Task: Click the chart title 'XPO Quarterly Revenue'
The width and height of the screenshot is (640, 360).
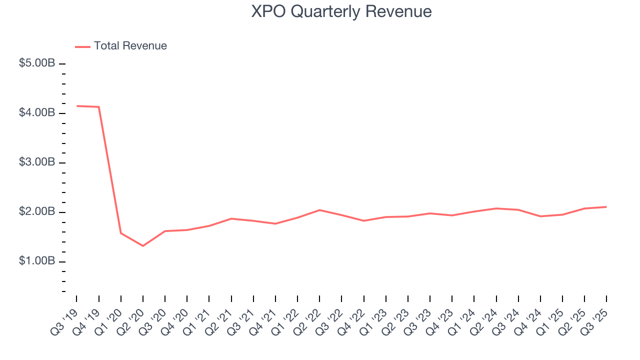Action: click(x=341, y=11)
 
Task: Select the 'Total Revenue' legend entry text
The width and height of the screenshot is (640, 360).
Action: click(x=130, y=46)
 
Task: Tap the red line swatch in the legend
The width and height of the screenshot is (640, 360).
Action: click(x=82, y=46)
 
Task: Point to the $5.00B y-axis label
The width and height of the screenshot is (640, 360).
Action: click(x=37, y=64)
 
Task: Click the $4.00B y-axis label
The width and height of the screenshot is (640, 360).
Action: click(x=37, y=113)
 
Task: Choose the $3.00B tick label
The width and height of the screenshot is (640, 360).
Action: click(x=37, y=162)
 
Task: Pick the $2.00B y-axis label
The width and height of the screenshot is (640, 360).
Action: click(x=37, y=212)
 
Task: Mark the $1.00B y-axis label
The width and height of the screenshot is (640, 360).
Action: click(x=37, y=261)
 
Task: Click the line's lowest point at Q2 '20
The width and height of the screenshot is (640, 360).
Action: click(x=143, y=245)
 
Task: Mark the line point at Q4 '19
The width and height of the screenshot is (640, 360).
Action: click(x=98, y=107)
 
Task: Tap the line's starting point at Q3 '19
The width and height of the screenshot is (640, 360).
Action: click(x=76, y=106)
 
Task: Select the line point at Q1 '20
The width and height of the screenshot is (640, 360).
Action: click(x=121, y=233)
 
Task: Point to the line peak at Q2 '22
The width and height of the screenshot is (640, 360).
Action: click(x=319, y=210)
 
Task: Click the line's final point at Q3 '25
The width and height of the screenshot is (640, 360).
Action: click(x=606, y=207)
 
